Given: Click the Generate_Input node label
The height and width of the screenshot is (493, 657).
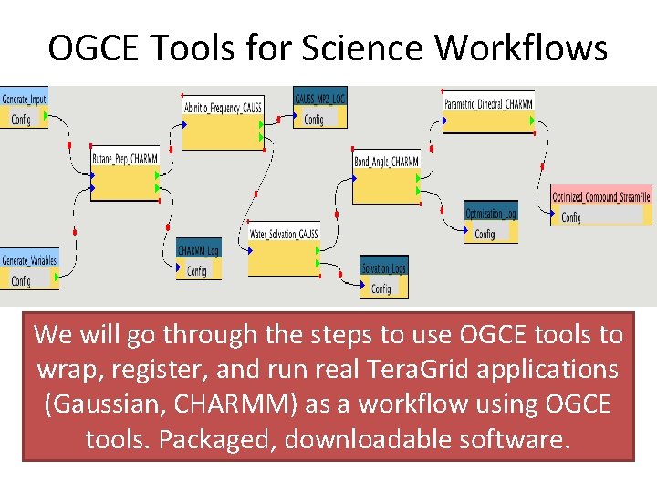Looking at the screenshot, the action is tap(25, 98).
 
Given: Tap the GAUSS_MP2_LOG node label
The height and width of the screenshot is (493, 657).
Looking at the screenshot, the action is tap(319, 98).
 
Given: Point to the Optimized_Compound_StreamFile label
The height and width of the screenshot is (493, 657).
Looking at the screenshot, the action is tap(601, 197).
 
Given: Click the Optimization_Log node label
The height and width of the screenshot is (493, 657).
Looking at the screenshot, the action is tap(491, 214).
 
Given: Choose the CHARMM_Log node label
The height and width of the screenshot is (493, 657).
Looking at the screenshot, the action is tap(198, 250).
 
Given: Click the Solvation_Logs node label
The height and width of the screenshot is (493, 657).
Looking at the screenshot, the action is tap(383, 268).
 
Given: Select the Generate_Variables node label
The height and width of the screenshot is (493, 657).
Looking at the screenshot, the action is tap(29, 260).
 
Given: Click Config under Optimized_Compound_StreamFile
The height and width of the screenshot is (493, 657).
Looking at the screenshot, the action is tap(571, 217).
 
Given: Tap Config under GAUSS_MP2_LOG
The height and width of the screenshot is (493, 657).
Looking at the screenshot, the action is tap(313, 119).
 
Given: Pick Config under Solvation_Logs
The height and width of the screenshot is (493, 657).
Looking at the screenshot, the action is tap(381, 288).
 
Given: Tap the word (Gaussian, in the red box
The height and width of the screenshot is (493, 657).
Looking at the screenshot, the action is tap(99, 404).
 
